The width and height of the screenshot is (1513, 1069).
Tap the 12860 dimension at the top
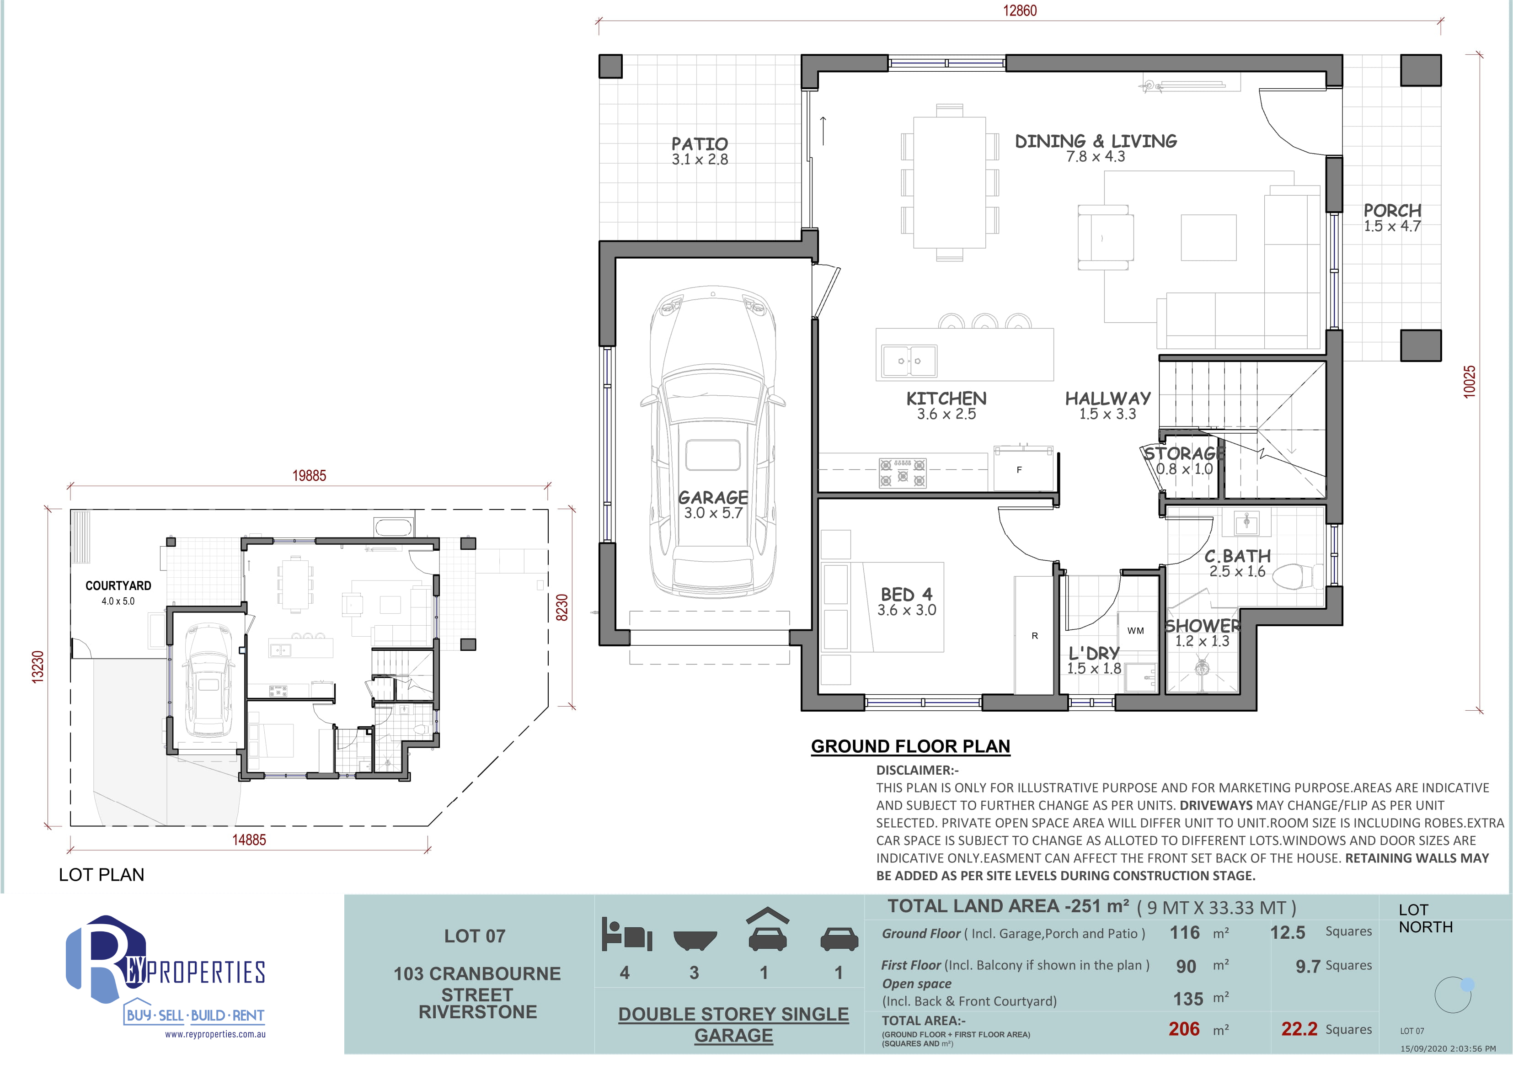click(x=1020, y=11)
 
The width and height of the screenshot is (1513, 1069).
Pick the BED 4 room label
click(x=907, y=594)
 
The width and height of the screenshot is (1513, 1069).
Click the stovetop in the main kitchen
click(x=902, y=473)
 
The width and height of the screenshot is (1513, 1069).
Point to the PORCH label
click(x=1392, y=211)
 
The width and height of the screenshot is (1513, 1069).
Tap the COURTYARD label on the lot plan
click(x=118, y=585)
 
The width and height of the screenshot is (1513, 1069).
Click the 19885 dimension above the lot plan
click(x=309, y=476)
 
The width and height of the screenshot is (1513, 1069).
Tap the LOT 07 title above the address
click(x=475, y=936)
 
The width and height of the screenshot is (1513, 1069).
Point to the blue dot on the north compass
click(x=1468, y=985)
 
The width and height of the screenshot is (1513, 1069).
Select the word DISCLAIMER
click(x=914, y=770)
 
